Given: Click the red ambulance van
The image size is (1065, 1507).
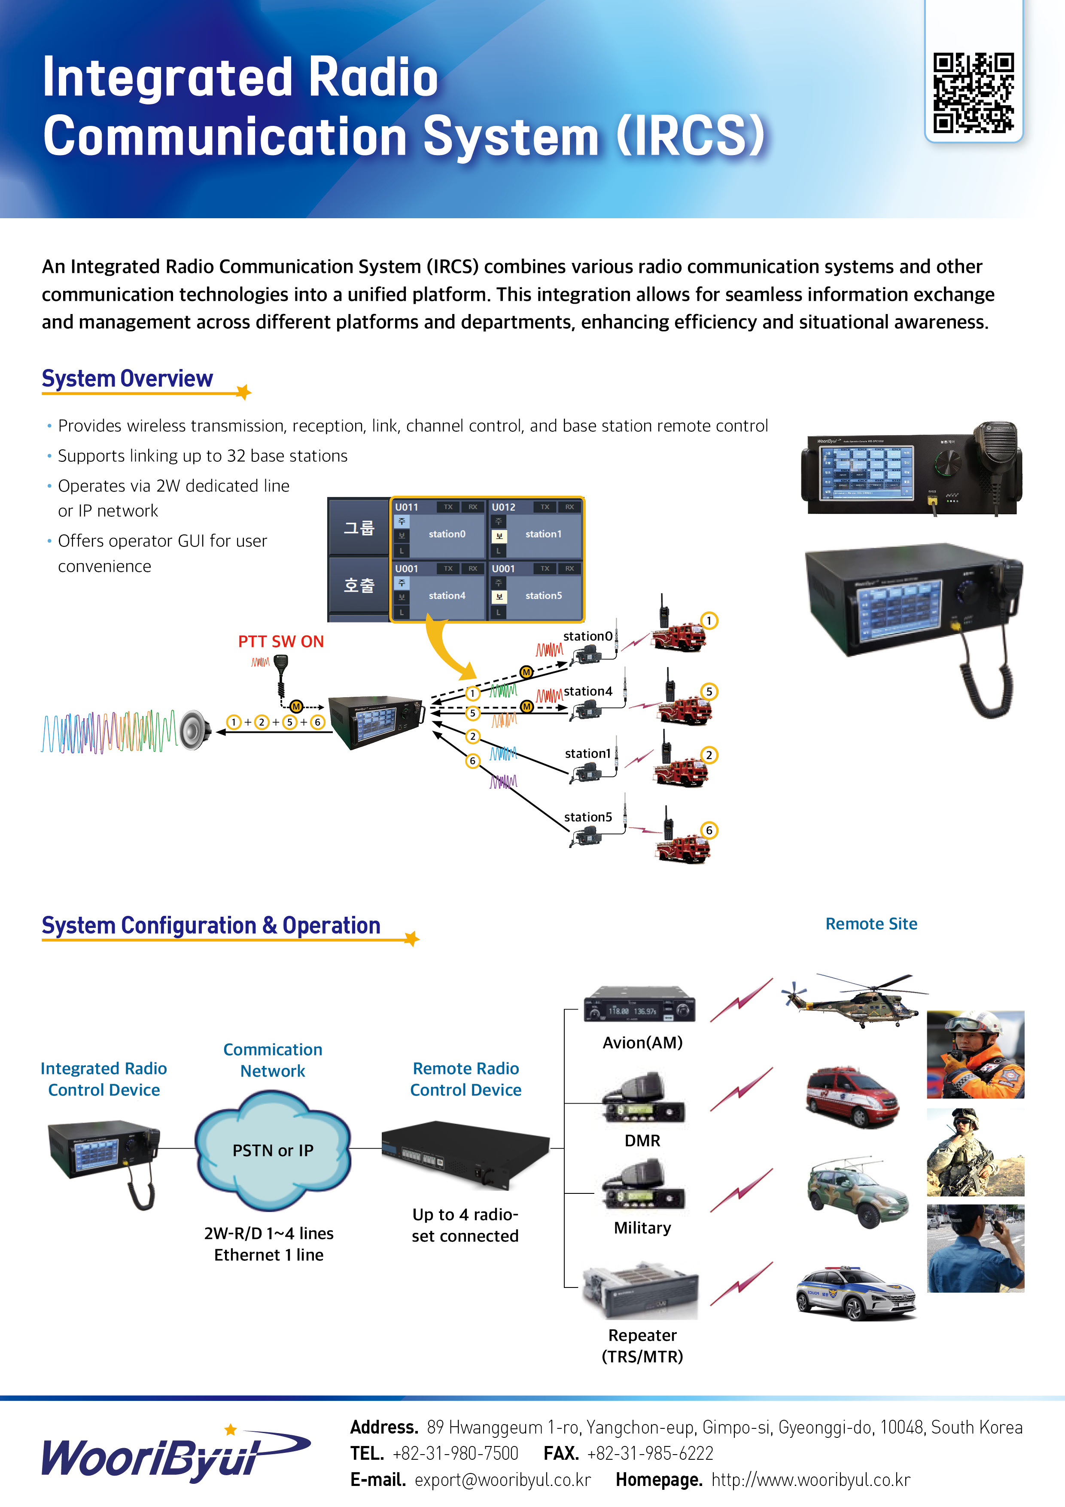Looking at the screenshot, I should click(852, 1098).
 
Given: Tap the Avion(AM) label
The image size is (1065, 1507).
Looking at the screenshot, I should click(642, 1043).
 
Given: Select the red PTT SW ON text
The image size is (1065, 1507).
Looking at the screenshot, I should click(281, 641).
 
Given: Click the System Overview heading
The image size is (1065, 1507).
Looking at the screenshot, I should click(127, 379).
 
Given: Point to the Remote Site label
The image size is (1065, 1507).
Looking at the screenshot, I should click(871, 924).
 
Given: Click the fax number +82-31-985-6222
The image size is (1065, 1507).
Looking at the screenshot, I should click(650, 1453).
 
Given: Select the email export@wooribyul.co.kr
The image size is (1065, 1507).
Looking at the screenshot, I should click(502, 1480).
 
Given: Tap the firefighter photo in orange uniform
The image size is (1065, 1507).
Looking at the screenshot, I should click(975, 1054).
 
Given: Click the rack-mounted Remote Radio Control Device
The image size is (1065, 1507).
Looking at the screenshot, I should click(465, 1155).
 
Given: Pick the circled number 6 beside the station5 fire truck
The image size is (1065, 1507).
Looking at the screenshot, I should click(709, 830).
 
